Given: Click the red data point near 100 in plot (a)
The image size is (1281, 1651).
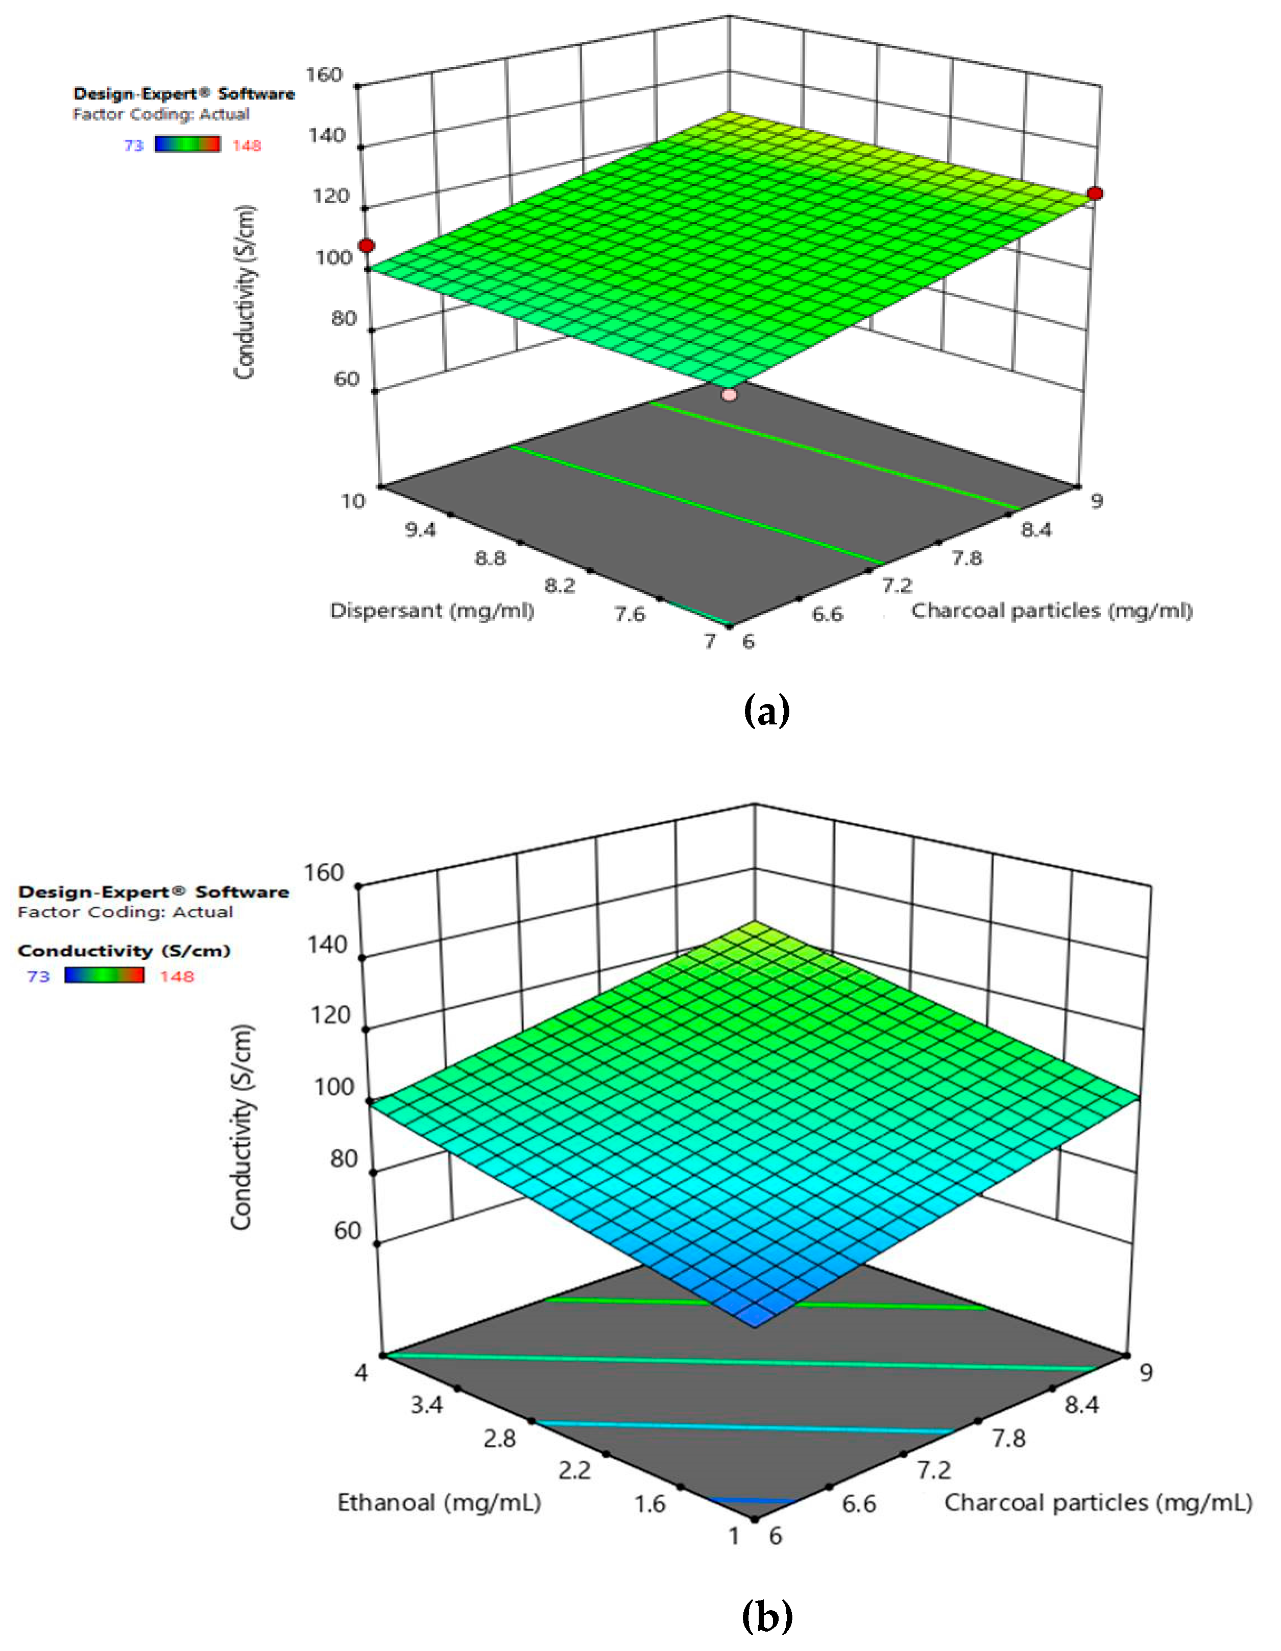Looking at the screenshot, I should click(367, 246).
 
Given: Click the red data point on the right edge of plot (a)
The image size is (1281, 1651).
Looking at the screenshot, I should click(1095, 193).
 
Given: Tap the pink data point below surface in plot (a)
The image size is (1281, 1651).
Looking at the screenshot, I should click(729, 395).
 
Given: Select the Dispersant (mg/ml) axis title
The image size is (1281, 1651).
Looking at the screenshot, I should click(432, 611).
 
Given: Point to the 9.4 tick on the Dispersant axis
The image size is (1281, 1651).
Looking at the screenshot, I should click(420, 529).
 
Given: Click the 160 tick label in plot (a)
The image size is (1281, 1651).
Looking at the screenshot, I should click(324, 74).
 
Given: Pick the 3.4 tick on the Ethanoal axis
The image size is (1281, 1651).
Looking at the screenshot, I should click(426, 1404).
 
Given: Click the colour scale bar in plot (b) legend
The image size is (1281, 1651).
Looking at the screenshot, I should click(104, 975).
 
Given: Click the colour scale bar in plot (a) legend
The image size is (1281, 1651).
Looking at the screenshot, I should click(187, 144).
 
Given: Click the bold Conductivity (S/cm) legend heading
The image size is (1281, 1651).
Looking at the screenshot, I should click(124, 950).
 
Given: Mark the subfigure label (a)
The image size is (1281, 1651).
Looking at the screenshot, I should click(767, 711).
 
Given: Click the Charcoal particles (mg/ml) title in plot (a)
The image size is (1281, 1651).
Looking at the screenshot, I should click(1051, 611).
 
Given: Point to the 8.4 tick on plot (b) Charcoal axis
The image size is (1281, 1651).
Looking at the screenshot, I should click(1081, 1404).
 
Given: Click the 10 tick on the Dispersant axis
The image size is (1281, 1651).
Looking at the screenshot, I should click(353, 500).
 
